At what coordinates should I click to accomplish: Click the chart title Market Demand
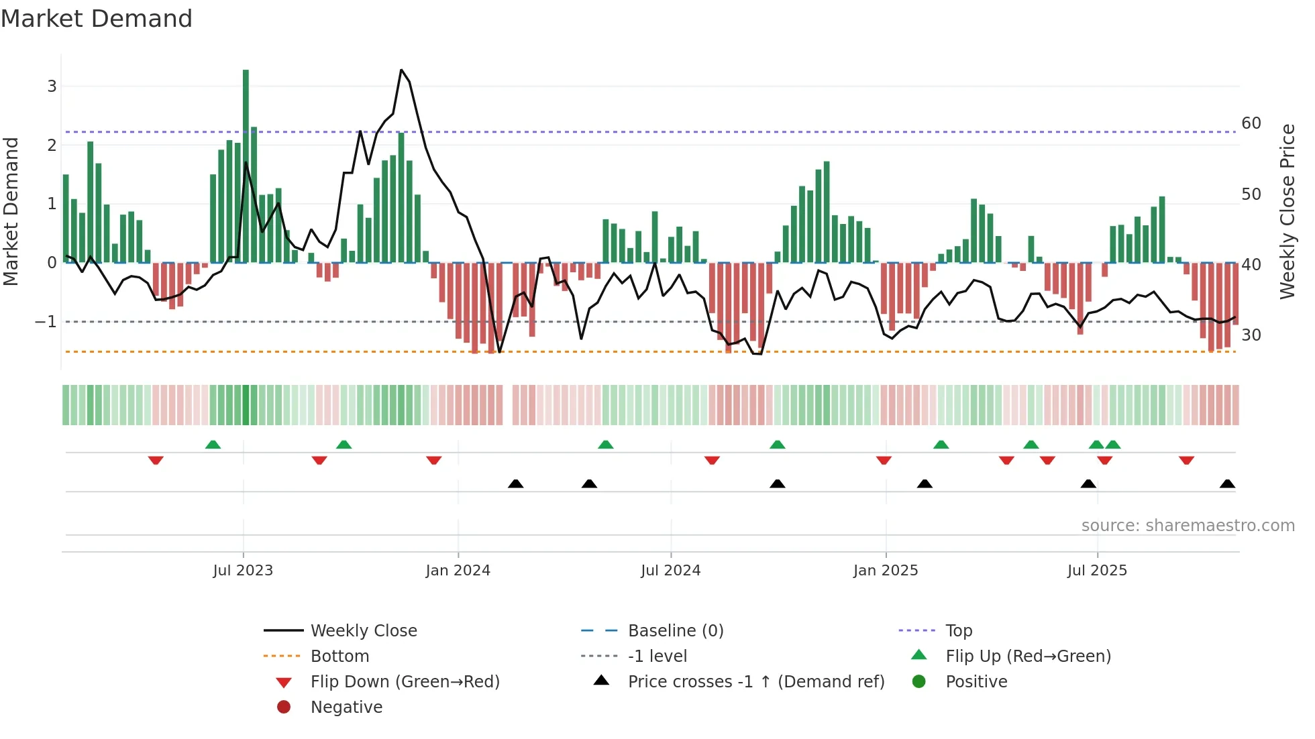[x=97, y=19]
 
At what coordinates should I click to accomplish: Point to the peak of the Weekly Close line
[x=401, y=70]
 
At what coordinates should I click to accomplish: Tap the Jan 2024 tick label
[x=458, y=571]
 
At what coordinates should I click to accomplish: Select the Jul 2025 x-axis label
[x=1097, y=571]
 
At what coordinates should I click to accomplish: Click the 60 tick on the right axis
[x=1251, y=123]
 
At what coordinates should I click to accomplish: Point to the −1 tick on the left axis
[x=46, y=322]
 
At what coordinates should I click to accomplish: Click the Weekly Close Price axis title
[x=1287, y=211]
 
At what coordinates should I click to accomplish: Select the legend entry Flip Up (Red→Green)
[x=1028, y=656]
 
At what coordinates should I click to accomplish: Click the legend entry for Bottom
[x=339, y=656]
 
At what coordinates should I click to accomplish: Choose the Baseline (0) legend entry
[x=675, y=630]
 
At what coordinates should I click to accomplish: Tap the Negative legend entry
[x=346, y=707]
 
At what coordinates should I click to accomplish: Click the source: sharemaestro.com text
[x=1188, y=525]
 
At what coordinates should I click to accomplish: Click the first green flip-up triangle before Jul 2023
[x=213, y=445]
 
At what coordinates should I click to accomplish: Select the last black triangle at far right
[x=1227, y=484]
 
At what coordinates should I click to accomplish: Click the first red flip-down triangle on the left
[x=156, y=460]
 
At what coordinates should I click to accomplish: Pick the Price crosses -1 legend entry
[x=755, y=681]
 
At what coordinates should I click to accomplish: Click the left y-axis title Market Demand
[x=11, y=211]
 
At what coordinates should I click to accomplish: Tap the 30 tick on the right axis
[x=1251, y=335]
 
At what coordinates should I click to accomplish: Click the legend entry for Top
[x=959, y=630]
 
